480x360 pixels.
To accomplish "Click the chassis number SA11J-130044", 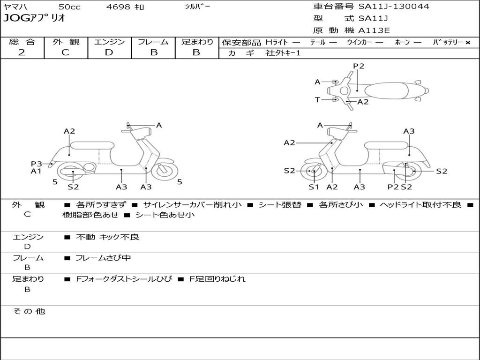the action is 394,7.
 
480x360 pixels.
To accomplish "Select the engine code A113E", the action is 374,30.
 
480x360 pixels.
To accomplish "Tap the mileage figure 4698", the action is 118,7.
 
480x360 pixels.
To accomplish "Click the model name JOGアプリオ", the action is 34,18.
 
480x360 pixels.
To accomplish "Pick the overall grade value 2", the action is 22,52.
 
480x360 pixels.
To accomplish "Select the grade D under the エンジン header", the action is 109,52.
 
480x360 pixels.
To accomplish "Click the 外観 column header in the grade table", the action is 66,42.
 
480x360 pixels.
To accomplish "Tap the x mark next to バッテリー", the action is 467,43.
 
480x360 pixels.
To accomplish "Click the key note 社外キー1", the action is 283,53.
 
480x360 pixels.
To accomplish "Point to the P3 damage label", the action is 37,164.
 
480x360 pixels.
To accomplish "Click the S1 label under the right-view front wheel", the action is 314,187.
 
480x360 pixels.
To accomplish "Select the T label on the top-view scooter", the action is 317,99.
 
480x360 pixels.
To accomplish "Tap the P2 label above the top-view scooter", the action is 359,66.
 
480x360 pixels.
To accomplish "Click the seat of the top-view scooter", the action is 386,90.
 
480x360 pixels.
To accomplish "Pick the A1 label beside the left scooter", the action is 36,171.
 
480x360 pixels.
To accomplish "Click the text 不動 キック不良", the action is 107,237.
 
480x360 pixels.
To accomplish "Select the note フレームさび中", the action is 103,258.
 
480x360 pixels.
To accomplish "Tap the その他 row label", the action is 29,311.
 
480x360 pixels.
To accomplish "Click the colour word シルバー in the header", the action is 197,7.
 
